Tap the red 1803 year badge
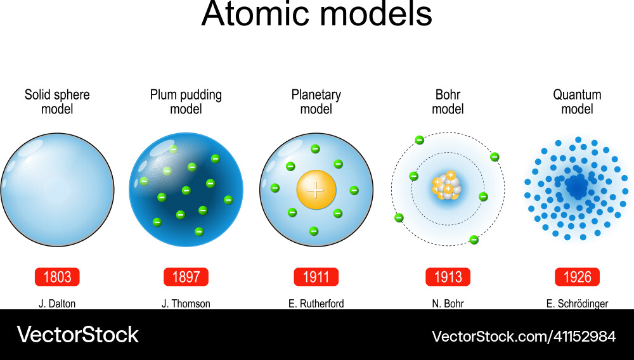[x=58, y=277]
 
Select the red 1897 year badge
[x=186, y=277]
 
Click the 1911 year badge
[x=316, y=277]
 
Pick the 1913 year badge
[x=448, y=277]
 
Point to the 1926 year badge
[x=577, y=277]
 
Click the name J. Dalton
[x=57, y=304]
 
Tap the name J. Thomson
[x=186, y=304]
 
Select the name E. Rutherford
[x=316, y=304]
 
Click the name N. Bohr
[x=448, y=304]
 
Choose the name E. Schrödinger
[x=577, y=304]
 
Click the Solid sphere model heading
[x=57, y=102]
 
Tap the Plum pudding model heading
[x=186, y=102]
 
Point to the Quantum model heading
[x=577, y=102]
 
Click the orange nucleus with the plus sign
[x=316, y=189]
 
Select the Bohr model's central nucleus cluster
[x=448, y=188]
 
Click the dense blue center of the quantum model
[x=576, y=186]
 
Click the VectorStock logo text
[x=77, y=335]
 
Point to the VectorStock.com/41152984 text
[x=524, y=335]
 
